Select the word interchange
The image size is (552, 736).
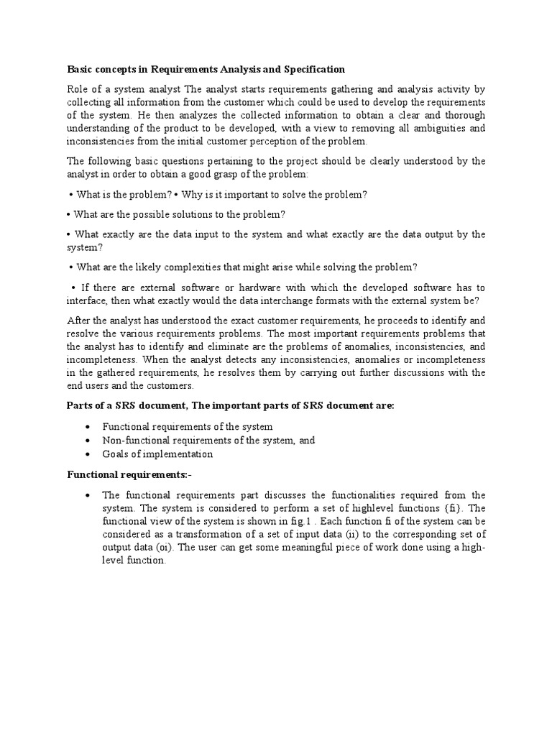point(295,300)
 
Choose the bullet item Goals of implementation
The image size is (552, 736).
point(157,454)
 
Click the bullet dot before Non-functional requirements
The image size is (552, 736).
point(86,441)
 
